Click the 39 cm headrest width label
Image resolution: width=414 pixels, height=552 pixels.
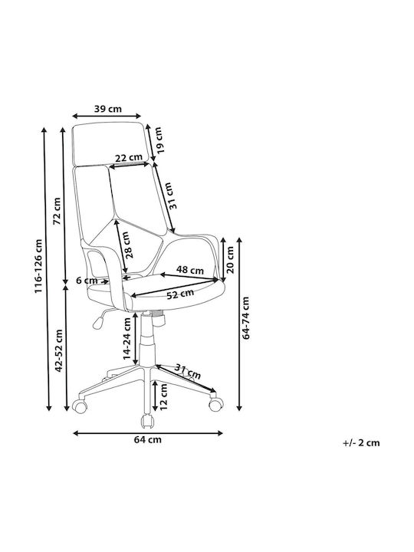coord(108,109)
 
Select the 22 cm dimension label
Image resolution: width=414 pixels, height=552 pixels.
coord(129,158)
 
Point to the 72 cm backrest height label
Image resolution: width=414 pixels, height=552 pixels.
coord(57,211)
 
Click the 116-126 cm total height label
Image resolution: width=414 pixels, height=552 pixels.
coord(38,266)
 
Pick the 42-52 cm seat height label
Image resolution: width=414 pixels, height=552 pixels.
coord(58,350)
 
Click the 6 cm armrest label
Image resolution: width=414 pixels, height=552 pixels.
coord(87,281)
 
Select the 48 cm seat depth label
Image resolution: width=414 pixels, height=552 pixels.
coord(190,270)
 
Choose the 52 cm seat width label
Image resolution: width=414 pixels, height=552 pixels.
coord(180,294)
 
